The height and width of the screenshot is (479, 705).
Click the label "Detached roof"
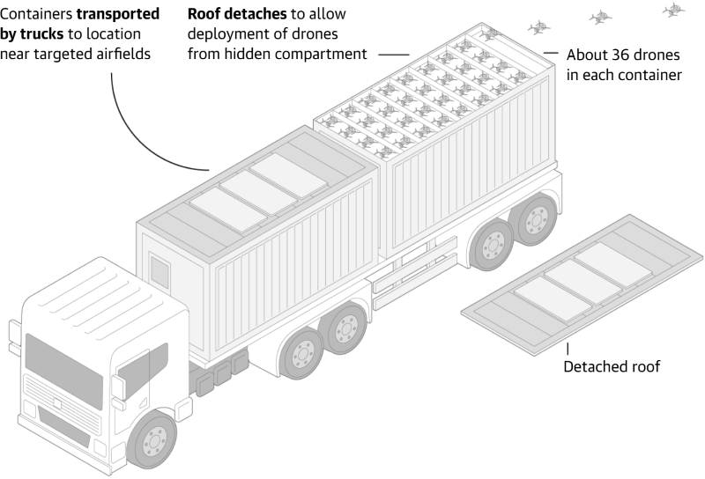click(612, 366)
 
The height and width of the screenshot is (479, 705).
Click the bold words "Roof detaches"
click(237, 14)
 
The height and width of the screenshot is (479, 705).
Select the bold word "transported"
click(118, 14)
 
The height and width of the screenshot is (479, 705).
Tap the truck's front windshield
click(63, 365)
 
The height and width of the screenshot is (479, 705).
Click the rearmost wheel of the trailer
click(536, 219)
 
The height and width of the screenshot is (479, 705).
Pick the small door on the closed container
click(160, 272)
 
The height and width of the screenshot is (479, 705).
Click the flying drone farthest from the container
click(673, 10)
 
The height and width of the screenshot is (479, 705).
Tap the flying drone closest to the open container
click(538, 28)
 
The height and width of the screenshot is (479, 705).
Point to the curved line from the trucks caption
click(135, 136)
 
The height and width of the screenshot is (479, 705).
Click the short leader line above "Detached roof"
click(568, 350)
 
